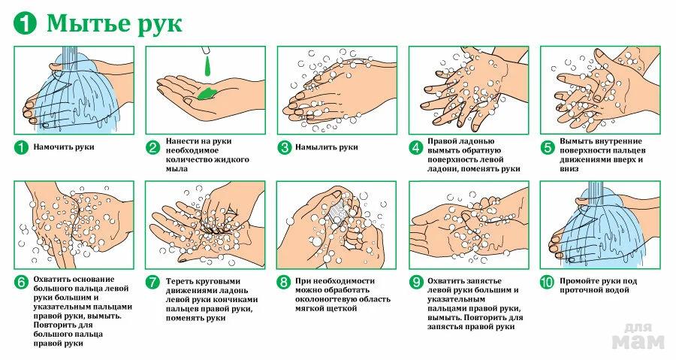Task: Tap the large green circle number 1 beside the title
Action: point(25,23)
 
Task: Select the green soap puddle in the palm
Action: point(208,92)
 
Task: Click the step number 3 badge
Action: point(285,147)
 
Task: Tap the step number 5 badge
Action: point(548,147)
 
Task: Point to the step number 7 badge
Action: point(152,282)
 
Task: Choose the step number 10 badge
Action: point(547,282)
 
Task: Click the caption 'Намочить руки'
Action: point(64,147)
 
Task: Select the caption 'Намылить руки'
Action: point(327,147)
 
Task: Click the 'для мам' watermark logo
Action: point(638,336)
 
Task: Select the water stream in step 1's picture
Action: point(69,53)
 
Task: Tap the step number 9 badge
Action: point(416,282)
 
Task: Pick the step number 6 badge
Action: point(21,282)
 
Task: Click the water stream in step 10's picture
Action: point(595,189)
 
